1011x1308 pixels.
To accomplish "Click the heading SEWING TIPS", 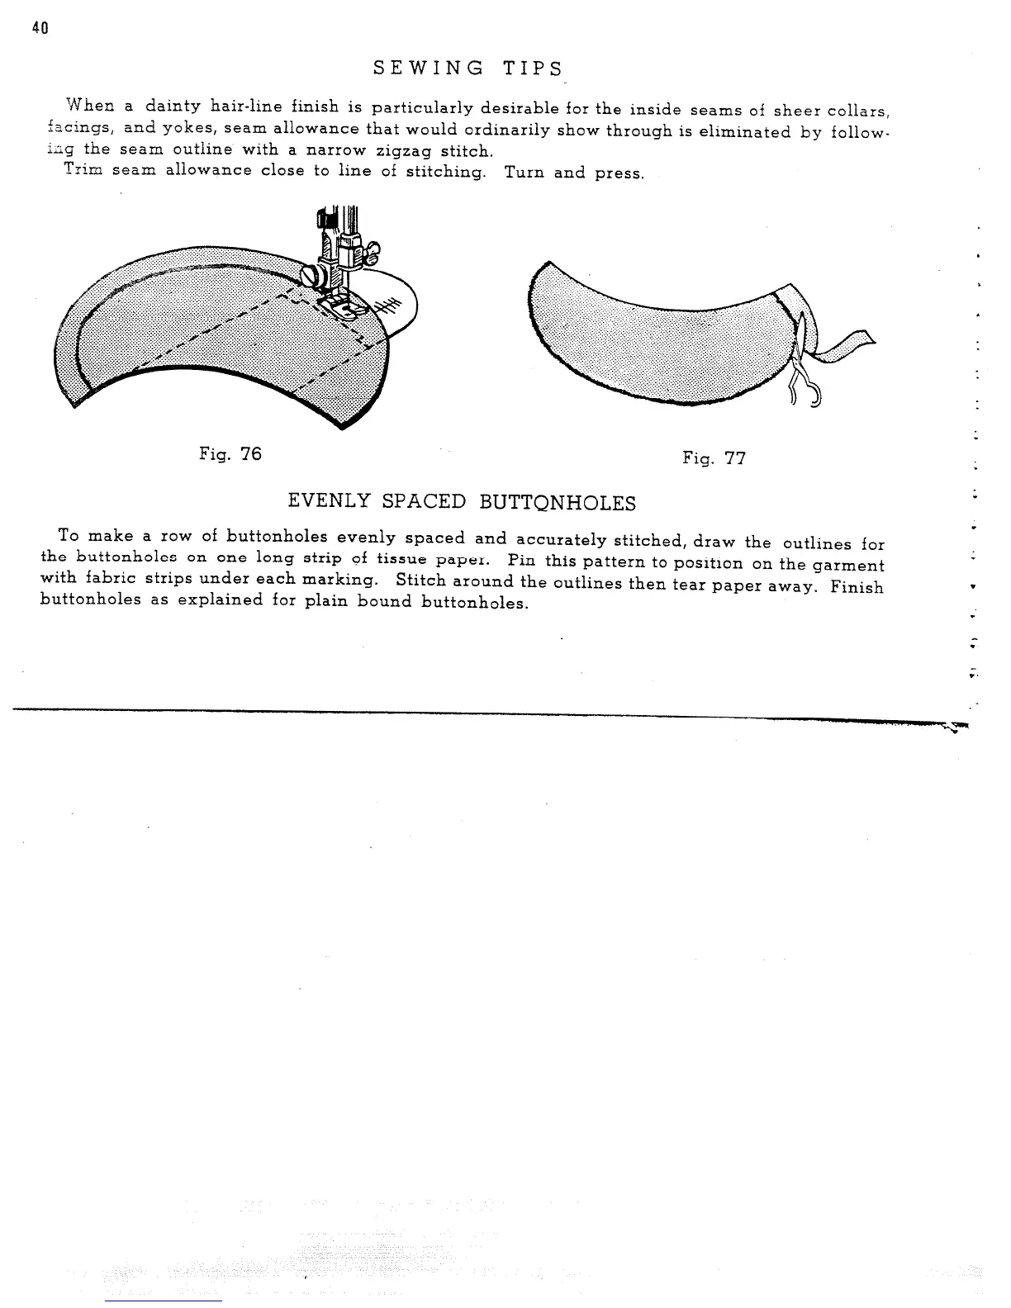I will point(468,69).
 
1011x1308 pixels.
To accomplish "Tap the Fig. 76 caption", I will point(230,453).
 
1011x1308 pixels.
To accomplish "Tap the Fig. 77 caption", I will point(714,458).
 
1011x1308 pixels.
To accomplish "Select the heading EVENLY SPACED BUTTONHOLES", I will point(462,502).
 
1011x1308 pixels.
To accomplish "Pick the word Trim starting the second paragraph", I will point(83,170).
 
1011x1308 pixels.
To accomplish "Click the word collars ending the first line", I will point(857,111).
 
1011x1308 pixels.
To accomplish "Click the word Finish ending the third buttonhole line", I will point(857,587).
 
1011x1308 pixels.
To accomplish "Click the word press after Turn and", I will point(619,175).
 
